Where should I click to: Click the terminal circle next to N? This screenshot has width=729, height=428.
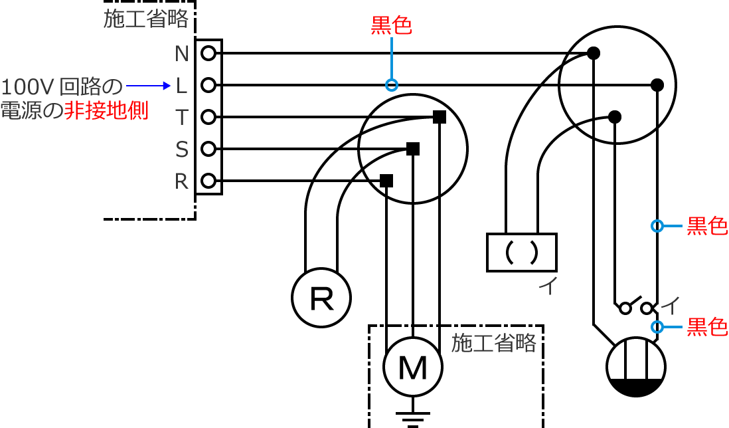(x=208, y=53)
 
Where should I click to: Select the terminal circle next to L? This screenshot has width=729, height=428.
(x=208, y=85)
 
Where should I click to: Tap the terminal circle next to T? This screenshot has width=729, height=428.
(x=208, y=117)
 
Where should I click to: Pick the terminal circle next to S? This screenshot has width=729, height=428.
(x=208, y=149)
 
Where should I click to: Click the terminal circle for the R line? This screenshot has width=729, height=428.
(x=208, y=181)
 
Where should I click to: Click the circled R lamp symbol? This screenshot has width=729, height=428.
(x=321, y=299)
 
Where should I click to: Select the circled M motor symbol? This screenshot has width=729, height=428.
(x=413, y=368)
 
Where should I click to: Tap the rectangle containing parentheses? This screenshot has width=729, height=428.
(x=521, y=253)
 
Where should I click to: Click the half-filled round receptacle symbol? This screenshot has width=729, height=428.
(x=636, y=368)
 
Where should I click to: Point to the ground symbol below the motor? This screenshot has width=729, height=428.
(x=413, y=419)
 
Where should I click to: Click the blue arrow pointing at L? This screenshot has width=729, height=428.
(x=149, y=85)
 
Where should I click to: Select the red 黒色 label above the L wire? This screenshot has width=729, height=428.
(x=391, y=25)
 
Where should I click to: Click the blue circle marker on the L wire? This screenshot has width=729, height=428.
(x=392, y=85)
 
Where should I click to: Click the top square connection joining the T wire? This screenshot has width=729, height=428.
(x=439, y=117)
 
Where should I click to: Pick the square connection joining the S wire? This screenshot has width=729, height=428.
(x=413, y=149)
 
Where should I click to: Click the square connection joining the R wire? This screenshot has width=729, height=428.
(x=386, y=181)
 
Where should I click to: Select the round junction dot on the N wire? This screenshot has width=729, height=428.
(x=594, y=53)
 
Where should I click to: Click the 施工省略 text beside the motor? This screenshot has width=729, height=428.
(x=493, y=343)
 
